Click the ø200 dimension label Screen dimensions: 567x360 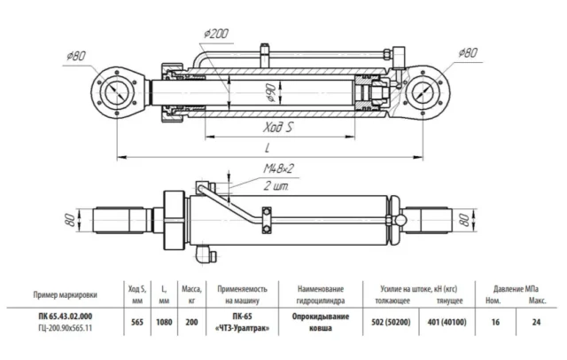[x=216, y=34]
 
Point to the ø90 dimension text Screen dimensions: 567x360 [x=271, y=93]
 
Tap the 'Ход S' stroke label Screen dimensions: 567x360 [x=277, y=128]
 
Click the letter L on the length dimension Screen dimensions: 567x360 [x=268, y=147]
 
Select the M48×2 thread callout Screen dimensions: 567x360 [x=278, y=168]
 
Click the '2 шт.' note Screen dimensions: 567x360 [x=276, y=186]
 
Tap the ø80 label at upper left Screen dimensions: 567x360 [x=76, y=56]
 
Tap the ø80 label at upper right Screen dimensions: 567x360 [x=468, y=53]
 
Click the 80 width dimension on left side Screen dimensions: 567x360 [x=71, y=220]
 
